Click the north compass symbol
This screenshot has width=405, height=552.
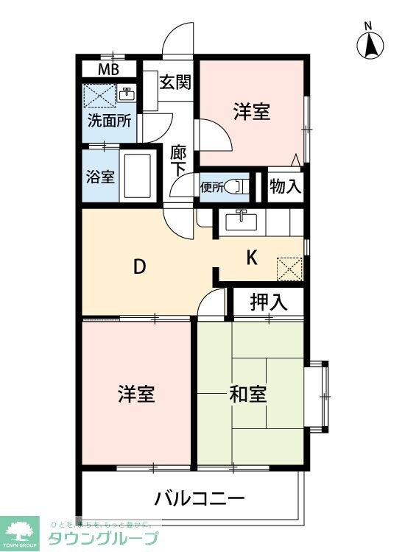(370, 46)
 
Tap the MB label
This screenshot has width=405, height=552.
(109, 71)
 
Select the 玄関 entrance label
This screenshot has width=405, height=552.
(175, 82)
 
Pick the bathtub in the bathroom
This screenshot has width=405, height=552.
(137, 177)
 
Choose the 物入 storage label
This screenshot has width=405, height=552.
(286, 186)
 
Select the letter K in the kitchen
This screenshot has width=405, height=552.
(252, 258)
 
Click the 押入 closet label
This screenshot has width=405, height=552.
(268, 301)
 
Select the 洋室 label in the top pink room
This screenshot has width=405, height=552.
(252, 113)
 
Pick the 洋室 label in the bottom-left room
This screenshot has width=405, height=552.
(136, 394)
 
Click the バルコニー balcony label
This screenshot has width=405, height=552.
(199, 499)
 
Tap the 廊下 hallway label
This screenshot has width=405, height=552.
(177, 161)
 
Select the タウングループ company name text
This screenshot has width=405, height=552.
(103, 538)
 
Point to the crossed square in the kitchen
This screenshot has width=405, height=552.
(289, 269)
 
